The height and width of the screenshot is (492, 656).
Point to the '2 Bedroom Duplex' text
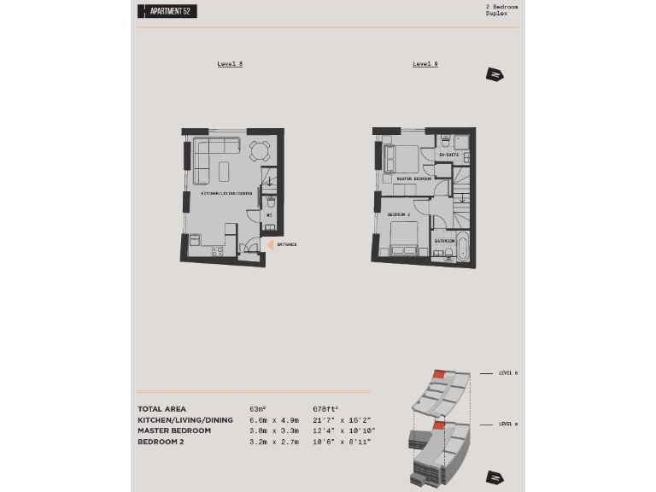click(501, 10)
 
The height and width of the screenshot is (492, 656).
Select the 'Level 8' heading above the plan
click(230, 64)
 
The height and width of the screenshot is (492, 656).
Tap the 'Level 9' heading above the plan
click(425, 64)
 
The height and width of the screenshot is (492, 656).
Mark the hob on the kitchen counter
click(215, 251)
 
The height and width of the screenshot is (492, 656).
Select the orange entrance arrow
click(270, 244)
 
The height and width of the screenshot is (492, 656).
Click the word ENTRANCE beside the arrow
click(286, 244)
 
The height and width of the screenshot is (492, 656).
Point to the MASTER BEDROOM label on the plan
click(414, 179)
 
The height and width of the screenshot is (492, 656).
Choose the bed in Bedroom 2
click(404, 238)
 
